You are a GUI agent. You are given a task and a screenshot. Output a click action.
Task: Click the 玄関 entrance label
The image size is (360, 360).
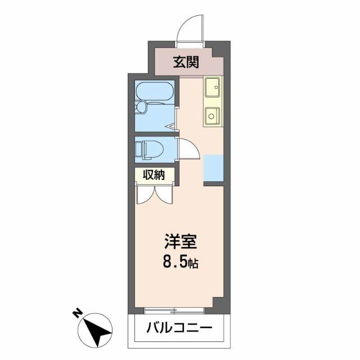(186, 62)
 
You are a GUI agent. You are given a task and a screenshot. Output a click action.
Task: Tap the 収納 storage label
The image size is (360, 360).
(153, 175)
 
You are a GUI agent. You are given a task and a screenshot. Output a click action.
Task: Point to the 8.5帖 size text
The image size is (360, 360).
(181, 262)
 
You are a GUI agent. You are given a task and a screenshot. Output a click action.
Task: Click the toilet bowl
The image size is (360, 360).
(153, 149)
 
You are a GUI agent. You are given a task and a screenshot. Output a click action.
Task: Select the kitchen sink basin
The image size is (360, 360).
(213, 87)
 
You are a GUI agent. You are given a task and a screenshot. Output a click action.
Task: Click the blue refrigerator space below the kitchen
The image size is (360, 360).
(214, 167)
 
